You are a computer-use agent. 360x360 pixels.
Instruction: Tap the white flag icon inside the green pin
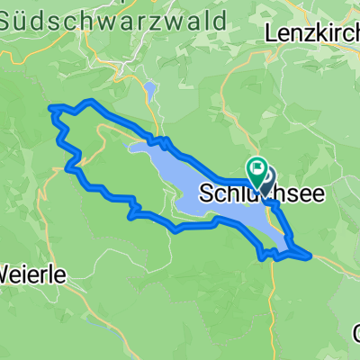[x=256, y=166]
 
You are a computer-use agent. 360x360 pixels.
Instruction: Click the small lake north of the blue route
[x=149, y=92]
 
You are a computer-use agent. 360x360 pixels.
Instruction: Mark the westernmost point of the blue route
[x=50, y=111]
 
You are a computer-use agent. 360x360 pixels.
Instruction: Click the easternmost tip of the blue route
[x=311, y=255]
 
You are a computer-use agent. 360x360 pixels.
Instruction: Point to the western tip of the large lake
[x=130, y=147]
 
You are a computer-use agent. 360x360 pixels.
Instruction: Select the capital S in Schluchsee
[x=203, y=193]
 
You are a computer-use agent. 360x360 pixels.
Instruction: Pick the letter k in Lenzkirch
[x=319, y=33]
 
